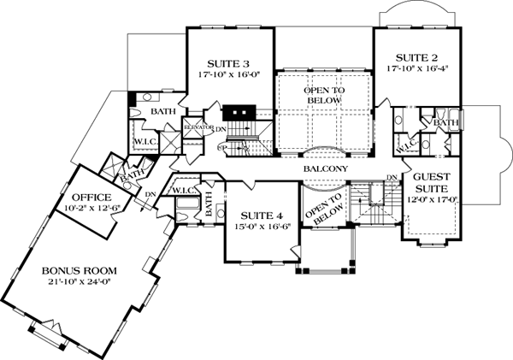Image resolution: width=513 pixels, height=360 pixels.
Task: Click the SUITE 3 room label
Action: (x=228, y=63)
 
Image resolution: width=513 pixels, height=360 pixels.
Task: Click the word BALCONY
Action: (x=325, y=169)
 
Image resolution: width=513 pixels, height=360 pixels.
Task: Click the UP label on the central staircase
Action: (x=221, y=147)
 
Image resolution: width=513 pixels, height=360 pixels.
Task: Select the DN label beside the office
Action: (x=151, y=193)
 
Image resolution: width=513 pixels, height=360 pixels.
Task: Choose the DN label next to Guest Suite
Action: (x=391, y=178)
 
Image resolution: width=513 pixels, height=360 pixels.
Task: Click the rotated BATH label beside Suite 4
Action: (x=209, y=205)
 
